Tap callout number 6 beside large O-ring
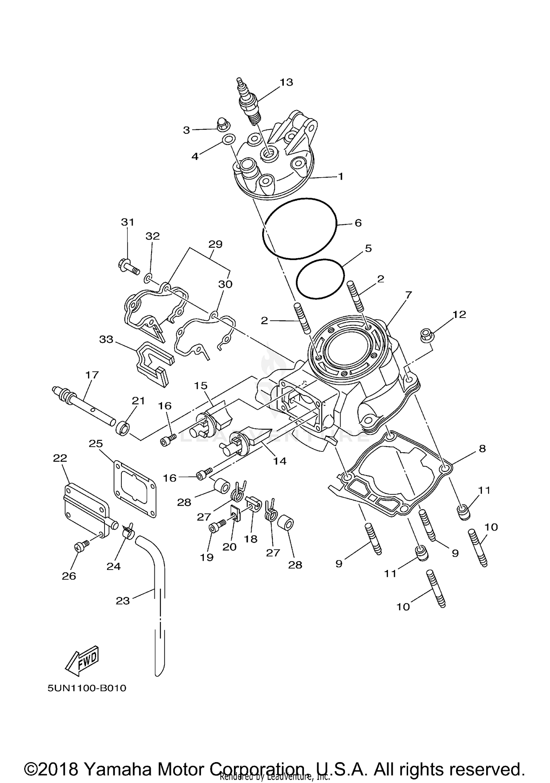358,223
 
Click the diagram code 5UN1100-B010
87,688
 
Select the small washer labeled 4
229,139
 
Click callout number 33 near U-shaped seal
106,339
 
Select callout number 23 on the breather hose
123,601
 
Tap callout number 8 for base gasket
482,448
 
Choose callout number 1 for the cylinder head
341,176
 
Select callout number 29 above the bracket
215,244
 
